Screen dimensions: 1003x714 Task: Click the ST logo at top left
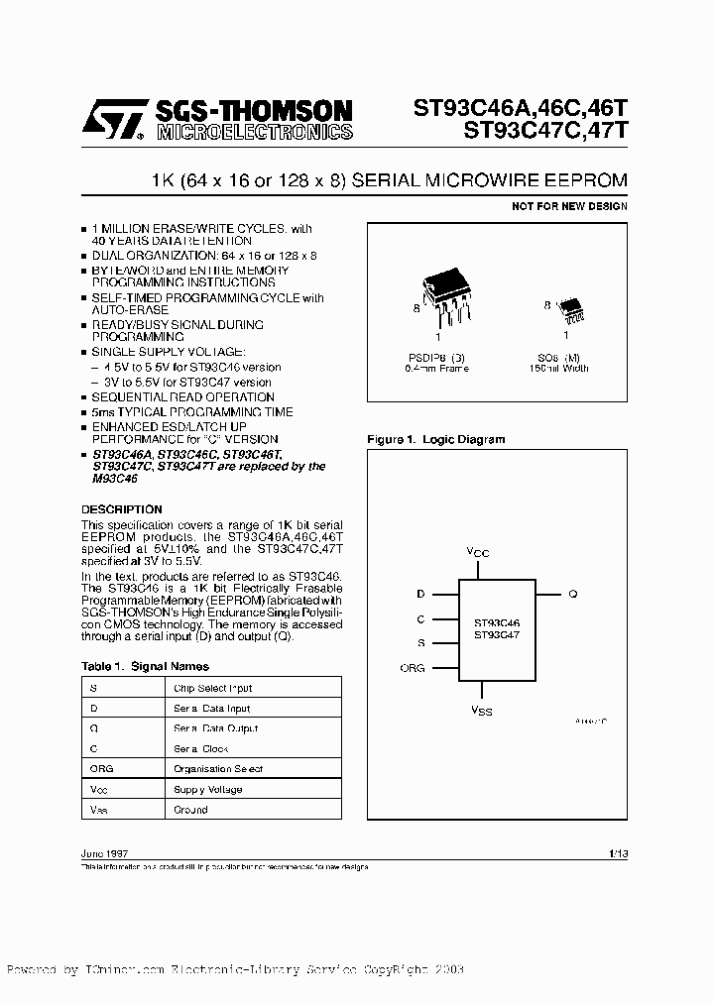tap(112, 120)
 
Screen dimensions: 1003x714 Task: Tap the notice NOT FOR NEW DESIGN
tap(569, 206)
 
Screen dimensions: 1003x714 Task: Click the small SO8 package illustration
tap(571, 312)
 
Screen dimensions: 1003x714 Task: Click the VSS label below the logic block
tap(480, 711)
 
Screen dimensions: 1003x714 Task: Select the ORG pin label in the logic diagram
tap(412, 668)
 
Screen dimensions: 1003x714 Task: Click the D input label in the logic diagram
tap(420, 594)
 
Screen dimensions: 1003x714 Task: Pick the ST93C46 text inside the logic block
tap(497, 622)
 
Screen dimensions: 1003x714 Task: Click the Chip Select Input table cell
tap(212, 688)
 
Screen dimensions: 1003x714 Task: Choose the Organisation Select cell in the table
tap(218, 769)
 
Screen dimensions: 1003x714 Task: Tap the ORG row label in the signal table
tap(101, 769)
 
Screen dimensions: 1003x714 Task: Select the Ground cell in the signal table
tap(190, 810)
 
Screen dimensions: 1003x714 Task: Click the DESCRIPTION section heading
tap(121, 509)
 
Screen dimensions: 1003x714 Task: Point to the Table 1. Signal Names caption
tap(145, 666)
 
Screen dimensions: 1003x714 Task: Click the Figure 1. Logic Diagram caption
tap(435, 439)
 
